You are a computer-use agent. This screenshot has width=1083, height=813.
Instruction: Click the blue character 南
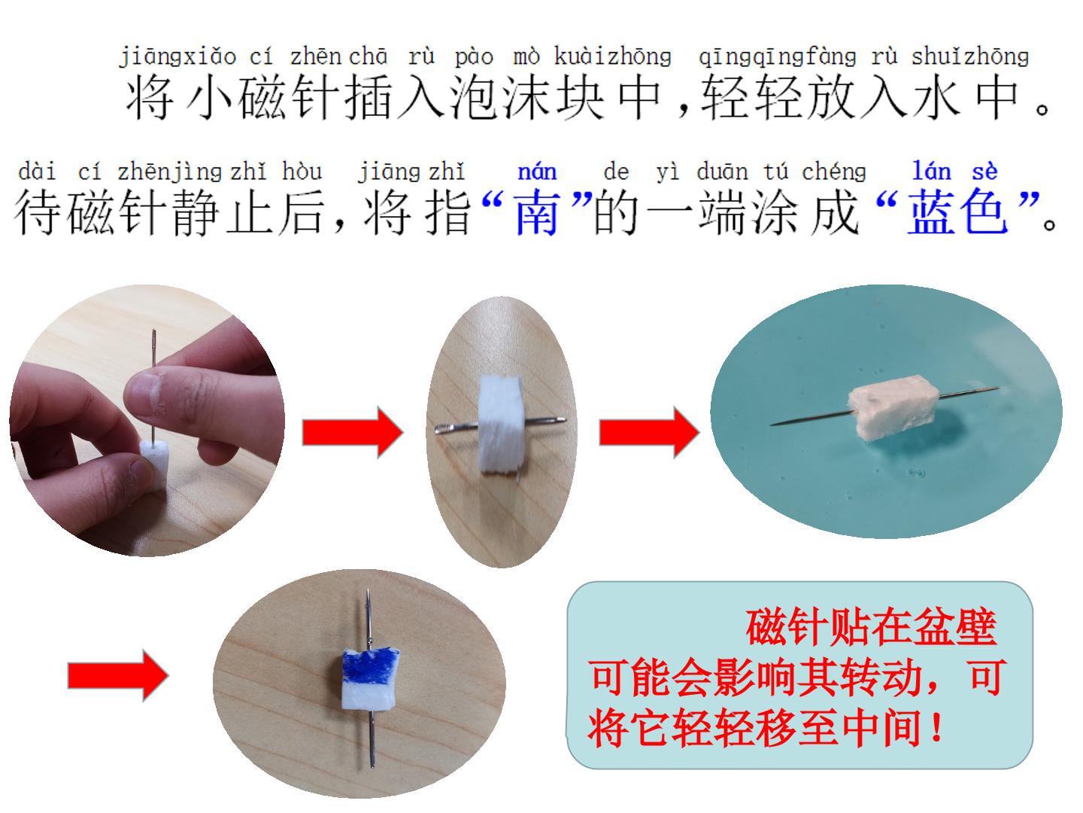click(537, 213)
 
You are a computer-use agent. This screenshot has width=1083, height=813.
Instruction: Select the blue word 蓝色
click(957, 213)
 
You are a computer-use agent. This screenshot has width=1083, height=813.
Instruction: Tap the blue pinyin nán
click(537, 172)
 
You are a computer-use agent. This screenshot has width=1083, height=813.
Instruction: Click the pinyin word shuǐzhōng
click(970, 56)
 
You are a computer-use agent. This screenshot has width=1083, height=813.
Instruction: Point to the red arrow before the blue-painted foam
click(118, 675)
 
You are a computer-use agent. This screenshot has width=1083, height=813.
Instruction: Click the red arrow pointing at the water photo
click(649, 432)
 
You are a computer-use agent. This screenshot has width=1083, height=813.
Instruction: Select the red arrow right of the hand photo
click(353, 432)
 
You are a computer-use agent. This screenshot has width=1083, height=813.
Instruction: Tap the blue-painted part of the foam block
click(371, 666)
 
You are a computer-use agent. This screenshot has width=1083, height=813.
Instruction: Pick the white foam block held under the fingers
click(153, 464)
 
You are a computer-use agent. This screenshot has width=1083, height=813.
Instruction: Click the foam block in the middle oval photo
click(500, 424)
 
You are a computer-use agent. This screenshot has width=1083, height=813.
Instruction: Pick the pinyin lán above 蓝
click(932, 172)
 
